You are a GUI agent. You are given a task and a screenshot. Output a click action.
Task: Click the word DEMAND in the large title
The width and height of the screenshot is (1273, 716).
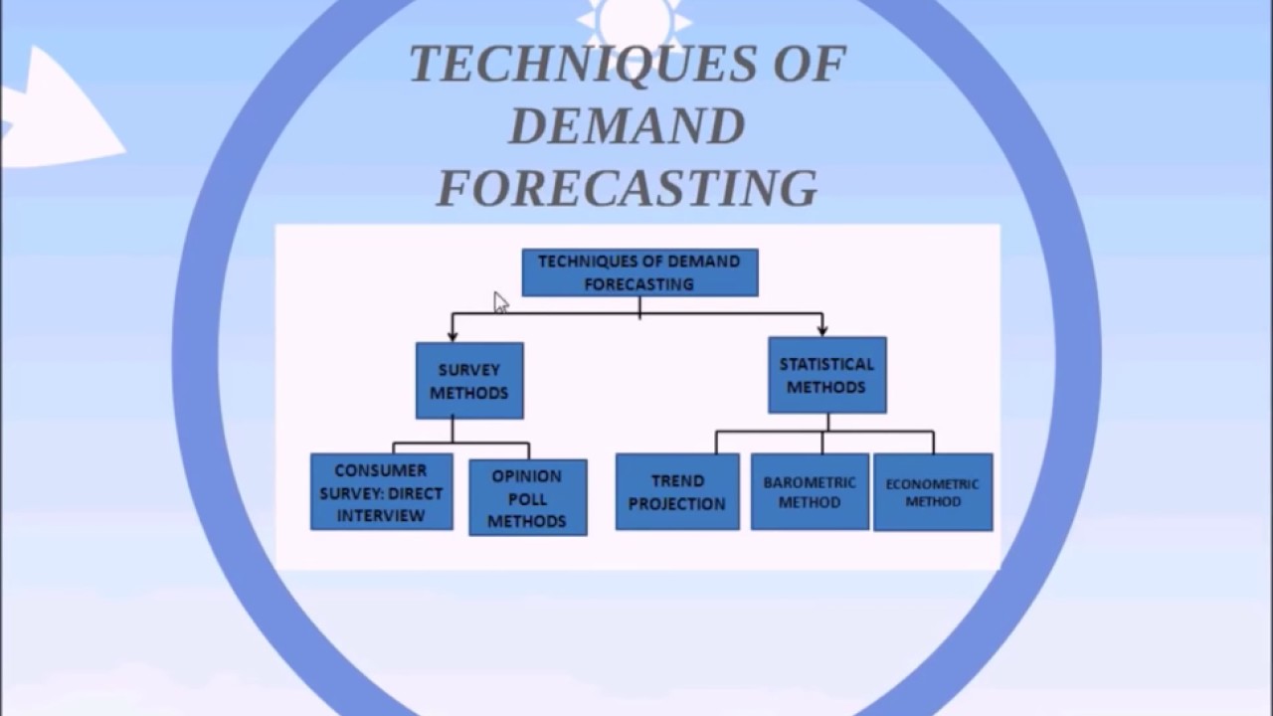[627, 126]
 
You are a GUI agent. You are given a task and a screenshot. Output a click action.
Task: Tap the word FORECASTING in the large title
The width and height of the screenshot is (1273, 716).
[627, 188]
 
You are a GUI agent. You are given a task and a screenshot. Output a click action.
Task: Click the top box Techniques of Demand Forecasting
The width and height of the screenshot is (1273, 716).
[639, 272]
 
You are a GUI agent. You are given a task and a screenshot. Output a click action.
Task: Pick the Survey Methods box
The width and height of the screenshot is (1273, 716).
[469, 381]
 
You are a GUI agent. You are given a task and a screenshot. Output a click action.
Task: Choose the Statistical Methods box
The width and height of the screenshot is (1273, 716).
[826, 375]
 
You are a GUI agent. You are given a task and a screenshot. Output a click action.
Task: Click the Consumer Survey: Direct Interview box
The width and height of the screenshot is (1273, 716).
[381, 492]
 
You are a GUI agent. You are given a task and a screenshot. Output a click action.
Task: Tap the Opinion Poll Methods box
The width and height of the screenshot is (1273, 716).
[527, 497]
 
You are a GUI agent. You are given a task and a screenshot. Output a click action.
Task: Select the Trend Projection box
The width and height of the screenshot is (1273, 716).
[677, 492]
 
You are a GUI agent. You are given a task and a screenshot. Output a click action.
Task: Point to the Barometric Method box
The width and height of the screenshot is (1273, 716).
[810, 492]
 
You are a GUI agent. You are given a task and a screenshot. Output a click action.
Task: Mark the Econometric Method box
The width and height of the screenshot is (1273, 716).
[933, 492]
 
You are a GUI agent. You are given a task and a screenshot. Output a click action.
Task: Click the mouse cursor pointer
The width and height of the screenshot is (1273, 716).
[500, 302]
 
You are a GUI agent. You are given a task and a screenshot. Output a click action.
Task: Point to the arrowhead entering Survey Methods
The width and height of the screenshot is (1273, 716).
[453, 336]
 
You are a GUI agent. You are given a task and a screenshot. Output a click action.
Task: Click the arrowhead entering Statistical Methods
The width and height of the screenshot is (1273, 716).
[822, 329]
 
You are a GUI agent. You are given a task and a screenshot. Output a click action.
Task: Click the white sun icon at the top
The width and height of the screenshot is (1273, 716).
[634, 20]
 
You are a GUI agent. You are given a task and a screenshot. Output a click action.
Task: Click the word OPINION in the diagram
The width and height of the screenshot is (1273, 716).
[527, 475]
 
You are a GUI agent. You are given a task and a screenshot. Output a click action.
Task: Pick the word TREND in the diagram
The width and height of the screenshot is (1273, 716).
[677, 480]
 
